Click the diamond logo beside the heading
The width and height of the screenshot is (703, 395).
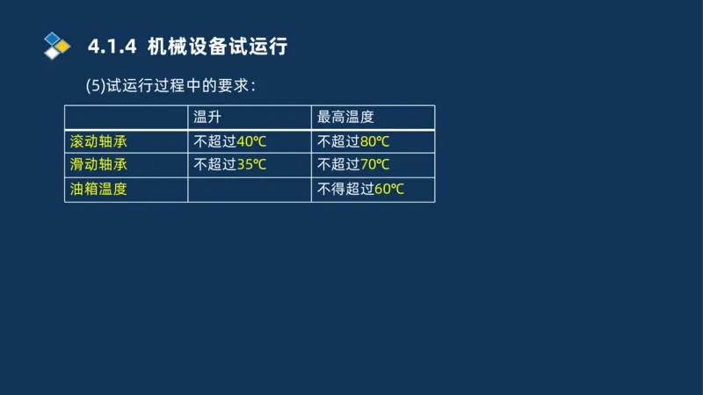point(56,46)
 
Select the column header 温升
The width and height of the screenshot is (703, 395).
point(207,118)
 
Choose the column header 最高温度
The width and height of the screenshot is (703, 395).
point(346,118)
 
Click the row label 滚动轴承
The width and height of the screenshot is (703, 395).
point(98,141)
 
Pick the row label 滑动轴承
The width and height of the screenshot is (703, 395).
point(98,164)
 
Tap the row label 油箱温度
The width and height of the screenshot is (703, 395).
point(98,188)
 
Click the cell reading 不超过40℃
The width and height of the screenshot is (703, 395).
point(229,141)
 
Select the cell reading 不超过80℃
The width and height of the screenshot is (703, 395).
point(353,141)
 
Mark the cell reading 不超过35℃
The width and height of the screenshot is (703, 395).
point(229,164)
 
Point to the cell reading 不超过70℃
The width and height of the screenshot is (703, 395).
point(353,164)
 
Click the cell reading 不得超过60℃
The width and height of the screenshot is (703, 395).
point(360,188)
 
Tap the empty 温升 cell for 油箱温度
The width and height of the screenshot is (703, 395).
point(249,189)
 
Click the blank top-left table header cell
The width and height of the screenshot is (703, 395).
point(126,118)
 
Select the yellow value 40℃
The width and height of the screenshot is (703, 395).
point(251,141)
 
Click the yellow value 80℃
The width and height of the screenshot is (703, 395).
point(375,141)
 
